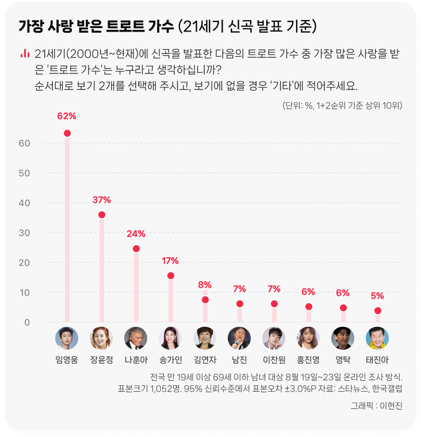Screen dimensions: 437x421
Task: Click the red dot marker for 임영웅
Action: (67, 133)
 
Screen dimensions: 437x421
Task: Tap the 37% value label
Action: (101, 200)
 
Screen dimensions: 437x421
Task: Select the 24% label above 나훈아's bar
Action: (136, 234)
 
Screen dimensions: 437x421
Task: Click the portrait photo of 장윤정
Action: (101, 339)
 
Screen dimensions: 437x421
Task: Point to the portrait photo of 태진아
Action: (377, 339)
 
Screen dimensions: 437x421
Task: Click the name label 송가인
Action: (170, 360)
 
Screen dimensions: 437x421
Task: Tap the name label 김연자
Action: (205, 360)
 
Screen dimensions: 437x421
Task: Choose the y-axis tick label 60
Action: (25, 143)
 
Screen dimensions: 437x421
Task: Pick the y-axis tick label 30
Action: (25, 233)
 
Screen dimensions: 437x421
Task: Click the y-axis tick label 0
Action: (27, 322)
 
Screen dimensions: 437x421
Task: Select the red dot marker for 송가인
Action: (170, 276)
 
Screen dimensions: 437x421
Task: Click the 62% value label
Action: (67, 116)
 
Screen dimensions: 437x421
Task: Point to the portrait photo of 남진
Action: (239, 339)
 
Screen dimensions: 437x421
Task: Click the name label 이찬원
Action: (274, 360)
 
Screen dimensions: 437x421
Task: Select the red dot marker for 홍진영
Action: (308, 307)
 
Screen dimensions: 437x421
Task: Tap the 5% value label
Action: (377, 296)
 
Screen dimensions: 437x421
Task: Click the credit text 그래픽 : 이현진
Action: (377, 406)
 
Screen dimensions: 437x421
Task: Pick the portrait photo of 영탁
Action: (343, 339)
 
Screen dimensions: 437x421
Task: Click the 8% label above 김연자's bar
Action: (205, 285)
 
